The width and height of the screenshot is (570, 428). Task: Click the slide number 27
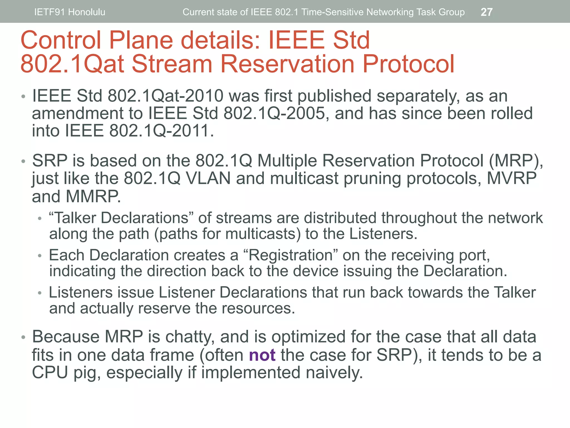(x=487, y=12)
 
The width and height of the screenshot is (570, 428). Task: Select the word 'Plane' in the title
(x=141, y=40)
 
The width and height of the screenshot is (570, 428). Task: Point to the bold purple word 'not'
(x=262, y=355)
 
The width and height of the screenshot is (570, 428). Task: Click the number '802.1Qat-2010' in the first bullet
(x=166, y=96)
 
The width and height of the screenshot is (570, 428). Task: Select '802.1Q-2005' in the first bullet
(x=274, y=113)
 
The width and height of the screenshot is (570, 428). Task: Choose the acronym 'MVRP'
(x=512, y=178)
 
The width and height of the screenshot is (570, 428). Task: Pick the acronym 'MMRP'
(x=93, y=196)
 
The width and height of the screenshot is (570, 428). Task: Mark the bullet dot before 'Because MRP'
(x=24, y=337)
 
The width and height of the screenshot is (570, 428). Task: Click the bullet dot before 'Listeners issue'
(x=40, y=293)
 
